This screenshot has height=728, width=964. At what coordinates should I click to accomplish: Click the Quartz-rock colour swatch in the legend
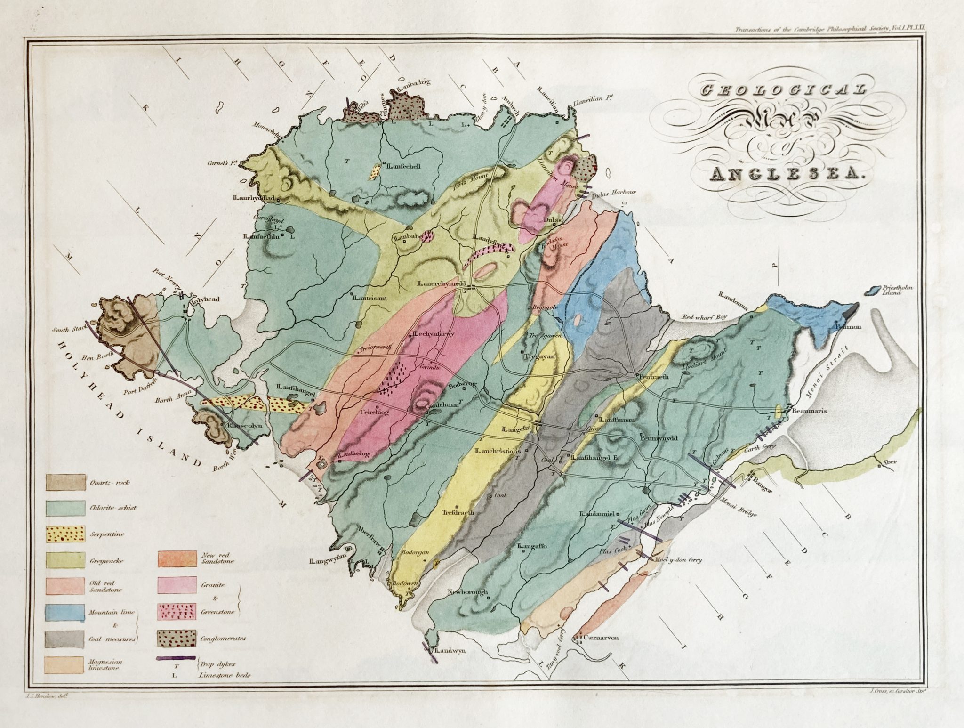point(65,482)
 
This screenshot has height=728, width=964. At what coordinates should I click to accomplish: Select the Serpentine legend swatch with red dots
point(65,534)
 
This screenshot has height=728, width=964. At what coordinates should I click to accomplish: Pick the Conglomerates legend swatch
point(177,639)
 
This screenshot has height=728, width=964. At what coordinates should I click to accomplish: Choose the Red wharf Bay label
point(696,317)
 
